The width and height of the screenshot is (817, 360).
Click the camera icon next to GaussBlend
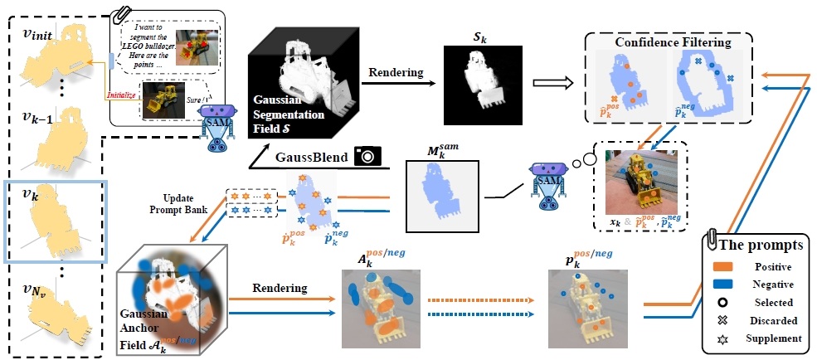coord(366,154)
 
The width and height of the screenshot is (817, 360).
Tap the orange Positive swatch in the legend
coord(724,266)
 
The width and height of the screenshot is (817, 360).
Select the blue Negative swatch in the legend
coord(724,285)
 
